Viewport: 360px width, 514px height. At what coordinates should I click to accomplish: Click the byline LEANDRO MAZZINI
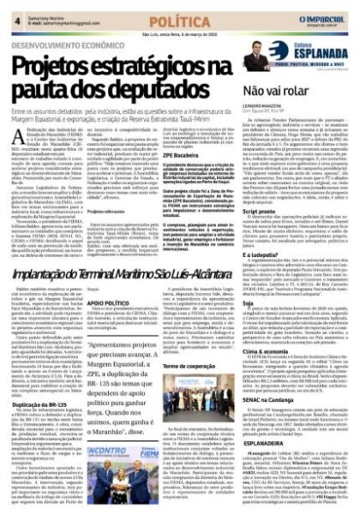coord(266,105)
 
